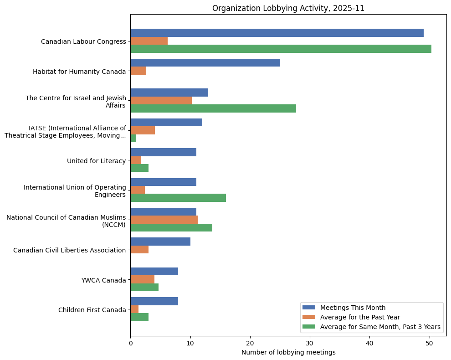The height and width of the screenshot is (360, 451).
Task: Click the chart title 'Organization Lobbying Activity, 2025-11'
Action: click(288, 8)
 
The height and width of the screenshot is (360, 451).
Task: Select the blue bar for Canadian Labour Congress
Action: click(277, 33)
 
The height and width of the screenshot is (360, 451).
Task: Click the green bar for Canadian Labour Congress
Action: click(281, 49)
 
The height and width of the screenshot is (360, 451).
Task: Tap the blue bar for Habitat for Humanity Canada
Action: click(205, 63)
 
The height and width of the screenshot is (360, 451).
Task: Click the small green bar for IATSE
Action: click(133, 139)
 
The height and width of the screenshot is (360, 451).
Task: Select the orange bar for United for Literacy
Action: click(136, 160)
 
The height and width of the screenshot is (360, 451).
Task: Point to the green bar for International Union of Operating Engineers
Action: click(178, 198)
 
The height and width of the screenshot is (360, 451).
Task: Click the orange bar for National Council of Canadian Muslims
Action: click(164, 220)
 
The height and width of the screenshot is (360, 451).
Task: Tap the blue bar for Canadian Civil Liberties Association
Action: click(160, 242)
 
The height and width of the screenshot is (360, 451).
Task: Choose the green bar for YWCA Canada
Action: click(144, 287)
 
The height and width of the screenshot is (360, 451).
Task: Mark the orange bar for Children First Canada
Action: click(134, 309)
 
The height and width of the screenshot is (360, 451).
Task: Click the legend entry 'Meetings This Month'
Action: click(353, 308)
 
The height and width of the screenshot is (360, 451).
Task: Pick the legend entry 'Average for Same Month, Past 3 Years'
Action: click(380, 327)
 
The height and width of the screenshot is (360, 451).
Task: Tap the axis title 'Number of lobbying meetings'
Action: click(288, 352)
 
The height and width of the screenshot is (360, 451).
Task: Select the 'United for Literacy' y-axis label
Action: click(96, 160)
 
